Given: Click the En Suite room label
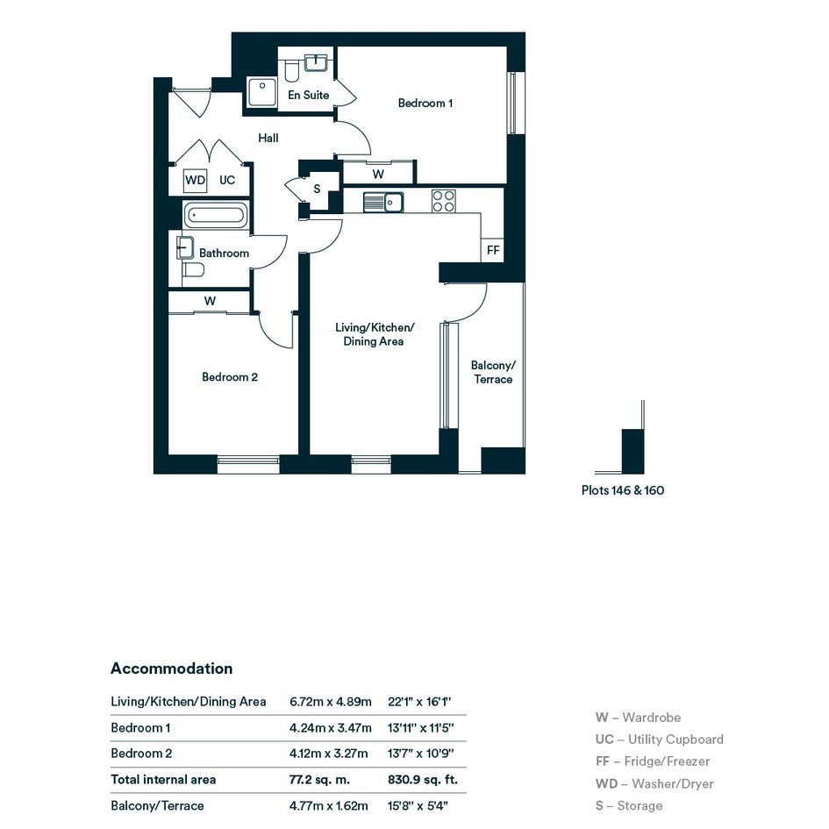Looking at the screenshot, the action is [308, 95].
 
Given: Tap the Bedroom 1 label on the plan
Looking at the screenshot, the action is [425, 104].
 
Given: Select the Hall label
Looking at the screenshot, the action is [268, 138].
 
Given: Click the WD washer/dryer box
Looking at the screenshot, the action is [195, 181].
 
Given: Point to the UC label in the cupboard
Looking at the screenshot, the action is [227, 181].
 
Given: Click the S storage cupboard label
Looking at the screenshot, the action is [317, 189].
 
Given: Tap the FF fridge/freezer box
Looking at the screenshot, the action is [493, 249].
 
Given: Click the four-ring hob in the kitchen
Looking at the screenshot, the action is [443, 201].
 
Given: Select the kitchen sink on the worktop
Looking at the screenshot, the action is [383, 202].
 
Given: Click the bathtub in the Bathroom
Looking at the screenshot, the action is [215, 215].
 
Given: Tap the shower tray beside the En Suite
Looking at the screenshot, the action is [262, 92].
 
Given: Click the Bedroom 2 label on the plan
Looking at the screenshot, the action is [230, 377].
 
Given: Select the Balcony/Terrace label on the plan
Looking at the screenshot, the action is [493, 372].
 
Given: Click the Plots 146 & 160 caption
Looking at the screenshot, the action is [623, 490].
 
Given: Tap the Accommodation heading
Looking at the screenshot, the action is [171, 668].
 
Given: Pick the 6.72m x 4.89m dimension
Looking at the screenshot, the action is [331, 702].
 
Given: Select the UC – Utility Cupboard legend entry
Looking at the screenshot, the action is [660, 740].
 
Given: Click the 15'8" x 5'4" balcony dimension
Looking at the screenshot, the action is [418, 805].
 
